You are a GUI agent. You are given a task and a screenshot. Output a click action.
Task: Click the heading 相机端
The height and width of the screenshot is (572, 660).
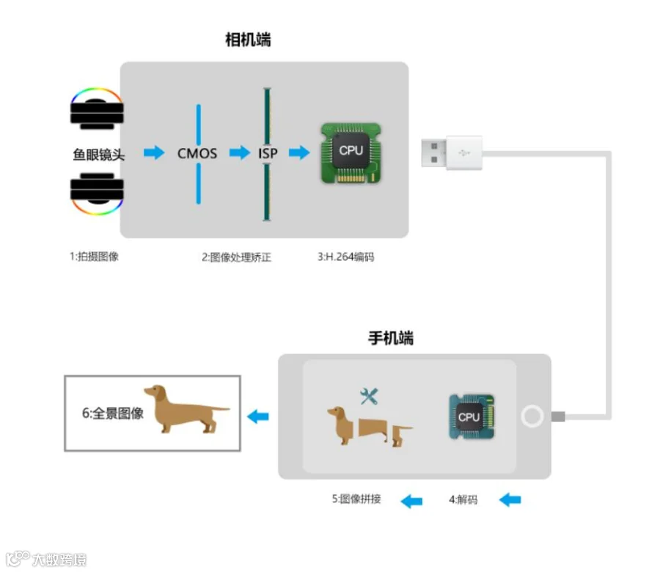(x=248, y=40)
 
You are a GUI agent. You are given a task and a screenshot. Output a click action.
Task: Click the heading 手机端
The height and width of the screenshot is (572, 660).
(x=391, y=338)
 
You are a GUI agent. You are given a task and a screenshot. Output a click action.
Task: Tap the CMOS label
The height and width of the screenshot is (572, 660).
(x=197, y=153)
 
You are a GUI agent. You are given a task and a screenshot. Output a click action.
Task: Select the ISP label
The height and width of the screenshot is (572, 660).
(x=268, y=153)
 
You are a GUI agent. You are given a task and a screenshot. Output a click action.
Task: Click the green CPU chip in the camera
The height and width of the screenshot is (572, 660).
(x=351, y=153)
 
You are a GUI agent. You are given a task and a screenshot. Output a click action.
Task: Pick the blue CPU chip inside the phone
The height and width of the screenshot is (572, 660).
(x=472, y=417)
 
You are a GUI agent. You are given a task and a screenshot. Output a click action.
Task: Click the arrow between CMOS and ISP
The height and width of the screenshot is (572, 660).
(x=240, y=153)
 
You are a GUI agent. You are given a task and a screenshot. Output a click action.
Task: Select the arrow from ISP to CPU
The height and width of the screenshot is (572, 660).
(x=299, y=153)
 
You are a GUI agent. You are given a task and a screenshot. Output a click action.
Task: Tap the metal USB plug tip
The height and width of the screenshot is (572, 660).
(x=434, y=153)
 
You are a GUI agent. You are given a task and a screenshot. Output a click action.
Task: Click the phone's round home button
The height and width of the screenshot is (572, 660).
(x=532, y=417)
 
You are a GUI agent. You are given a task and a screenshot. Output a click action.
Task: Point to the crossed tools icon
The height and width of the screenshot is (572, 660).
(x=369, y=397)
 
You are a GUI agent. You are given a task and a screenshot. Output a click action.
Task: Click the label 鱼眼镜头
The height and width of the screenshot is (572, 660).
(x=98, y=155)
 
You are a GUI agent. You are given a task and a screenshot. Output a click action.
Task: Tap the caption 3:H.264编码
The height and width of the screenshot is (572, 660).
(x=345, y=257)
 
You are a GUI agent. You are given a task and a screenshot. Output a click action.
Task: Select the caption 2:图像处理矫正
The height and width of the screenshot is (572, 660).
(x=236, y=257)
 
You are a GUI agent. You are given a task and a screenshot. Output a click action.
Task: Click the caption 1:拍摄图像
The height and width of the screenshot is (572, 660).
(x=95, y=257)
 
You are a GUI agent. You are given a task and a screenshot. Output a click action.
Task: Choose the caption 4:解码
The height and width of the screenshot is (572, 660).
(x=463, y=499)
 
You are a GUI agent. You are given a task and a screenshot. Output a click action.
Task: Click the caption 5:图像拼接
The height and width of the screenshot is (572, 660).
(x=356, y=499)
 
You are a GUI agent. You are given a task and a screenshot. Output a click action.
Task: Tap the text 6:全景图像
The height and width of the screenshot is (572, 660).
(x=112, y=414)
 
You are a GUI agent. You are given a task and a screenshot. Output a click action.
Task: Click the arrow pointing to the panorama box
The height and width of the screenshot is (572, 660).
(x=258, y=417)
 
